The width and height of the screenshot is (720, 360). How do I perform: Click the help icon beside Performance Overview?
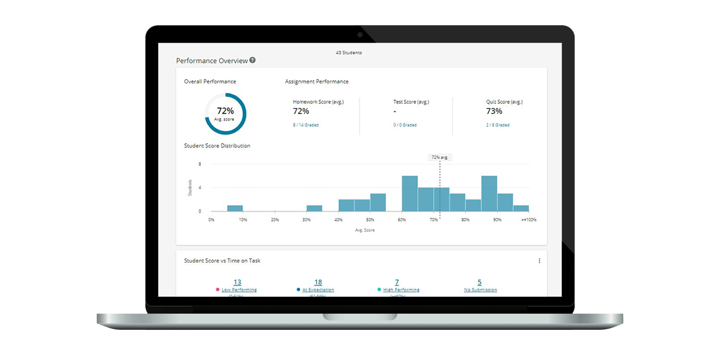[x=252, y=60]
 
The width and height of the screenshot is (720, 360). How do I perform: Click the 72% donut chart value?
[x=225, y=111]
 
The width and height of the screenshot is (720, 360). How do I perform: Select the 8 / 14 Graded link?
[x=306, y=125]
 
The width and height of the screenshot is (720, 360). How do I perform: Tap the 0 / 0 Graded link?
[x=405, y=125]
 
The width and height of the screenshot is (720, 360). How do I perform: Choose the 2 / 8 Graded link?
[x=498, y=125]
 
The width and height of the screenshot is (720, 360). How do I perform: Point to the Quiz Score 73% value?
[x=494, y=111]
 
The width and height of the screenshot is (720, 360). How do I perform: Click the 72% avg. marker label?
[x=440, y=157]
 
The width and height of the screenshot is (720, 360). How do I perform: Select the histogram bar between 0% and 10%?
[x=235, y=208]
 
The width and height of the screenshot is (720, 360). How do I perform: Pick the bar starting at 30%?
[x=314, y=208]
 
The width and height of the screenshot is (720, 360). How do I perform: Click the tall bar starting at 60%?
[x=409, y=193]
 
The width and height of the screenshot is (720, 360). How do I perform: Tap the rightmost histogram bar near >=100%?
[x=521, y=208]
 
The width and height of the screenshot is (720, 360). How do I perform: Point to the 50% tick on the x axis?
[x=370, y=220]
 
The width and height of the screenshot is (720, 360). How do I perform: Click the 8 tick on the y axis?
[x=200, y=164]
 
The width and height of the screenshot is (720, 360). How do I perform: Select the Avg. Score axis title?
[x=364, y=230]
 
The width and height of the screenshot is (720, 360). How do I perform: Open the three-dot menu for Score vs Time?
[x=539, y=261]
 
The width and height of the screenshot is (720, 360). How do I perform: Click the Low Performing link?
[x=239, y=290]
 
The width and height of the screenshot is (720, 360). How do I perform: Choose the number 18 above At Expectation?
[x=318, y=282]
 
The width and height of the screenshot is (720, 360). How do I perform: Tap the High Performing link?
[x=401, y=290]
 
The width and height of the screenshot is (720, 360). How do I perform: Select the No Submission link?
[x=480, y=290]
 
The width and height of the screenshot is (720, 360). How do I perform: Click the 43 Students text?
[x=349, y=53]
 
